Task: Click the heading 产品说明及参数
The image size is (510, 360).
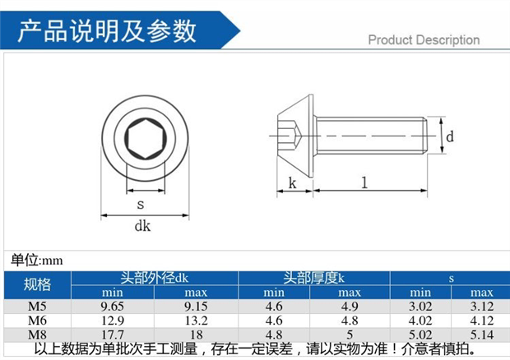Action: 108,30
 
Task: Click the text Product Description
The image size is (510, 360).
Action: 423,39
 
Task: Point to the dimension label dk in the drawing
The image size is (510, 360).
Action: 141,228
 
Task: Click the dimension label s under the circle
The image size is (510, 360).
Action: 141,203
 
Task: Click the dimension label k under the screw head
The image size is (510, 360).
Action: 291,184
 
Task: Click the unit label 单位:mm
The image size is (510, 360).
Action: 37,260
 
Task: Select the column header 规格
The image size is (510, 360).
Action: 37,284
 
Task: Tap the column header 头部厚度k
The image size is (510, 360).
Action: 313,278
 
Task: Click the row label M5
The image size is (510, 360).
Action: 37,307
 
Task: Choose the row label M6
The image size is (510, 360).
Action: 37,321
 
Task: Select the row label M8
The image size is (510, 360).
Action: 37,335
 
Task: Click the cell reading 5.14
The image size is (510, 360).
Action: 481,335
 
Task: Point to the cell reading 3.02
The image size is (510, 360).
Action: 420,307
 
